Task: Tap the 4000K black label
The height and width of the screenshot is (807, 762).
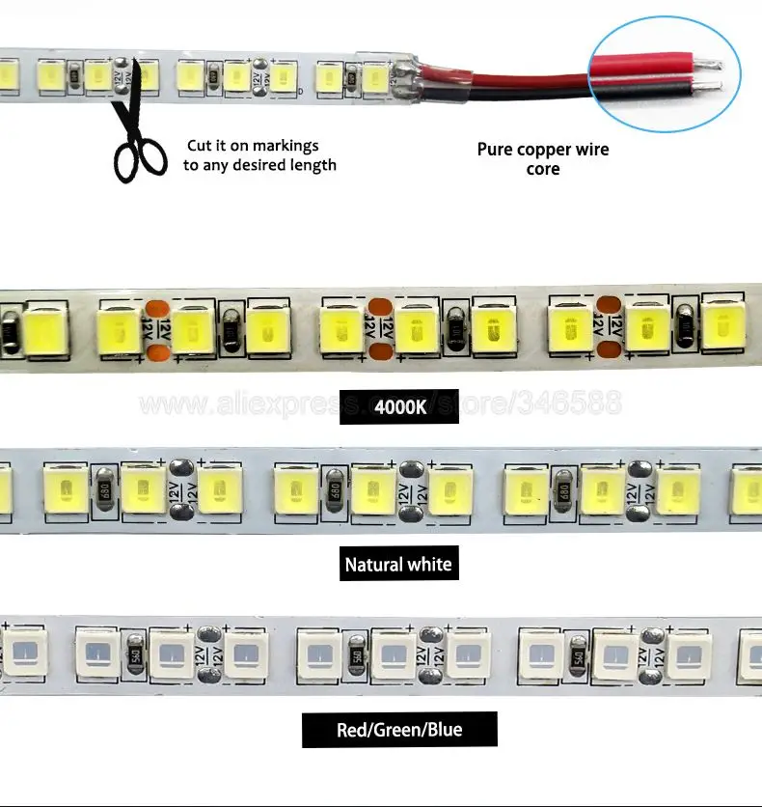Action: click(x=399, y=406)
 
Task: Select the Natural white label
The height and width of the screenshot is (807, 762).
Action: click(x=397, y=564)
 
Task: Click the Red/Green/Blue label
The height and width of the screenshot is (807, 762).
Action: click(x=398, y=730)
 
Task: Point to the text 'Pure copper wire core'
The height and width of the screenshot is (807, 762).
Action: click(x=543, y=159)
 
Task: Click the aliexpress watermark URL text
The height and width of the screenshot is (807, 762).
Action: click(x=381, y=403)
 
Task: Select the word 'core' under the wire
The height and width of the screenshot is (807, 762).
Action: click(x=543, y=170)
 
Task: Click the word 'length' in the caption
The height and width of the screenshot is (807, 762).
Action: click(x=313, y=165)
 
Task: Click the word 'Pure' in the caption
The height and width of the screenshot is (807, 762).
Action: click(x=495, y=150)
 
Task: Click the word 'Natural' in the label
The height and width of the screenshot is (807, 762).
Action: click(x=372, y=564)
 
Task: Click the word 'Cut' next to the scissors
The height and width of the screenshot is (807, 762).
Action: click(x=200, y=146)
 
